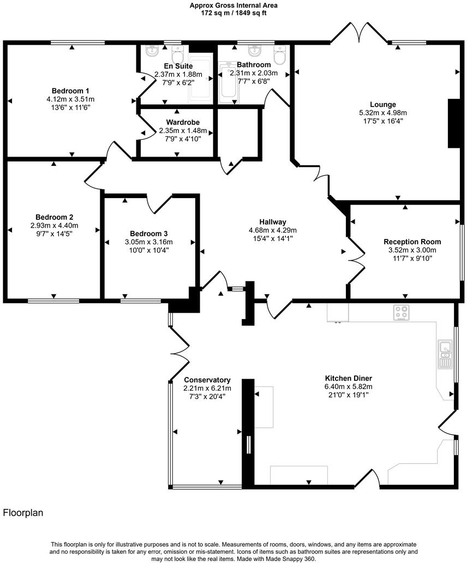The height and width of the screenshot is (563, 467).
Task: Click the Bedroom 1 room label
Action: (x=70, y=91)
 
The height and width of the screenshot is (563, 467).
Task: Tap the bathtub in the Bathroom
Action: (x=229, y=83)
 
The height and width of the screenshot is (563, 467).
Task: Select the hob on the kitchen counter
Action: (x=402, y=313)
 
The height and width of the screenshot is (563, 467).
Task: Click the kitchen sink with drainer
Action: (x=445, y=353)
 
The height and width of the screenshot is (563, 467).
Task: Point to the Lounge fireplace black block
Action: (x=453, y=123)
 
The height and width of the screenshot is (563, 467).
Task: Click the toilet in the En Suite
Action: (x=177, y=55)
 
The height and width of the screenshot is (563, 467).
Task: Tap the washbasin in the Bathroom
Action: (x=254, y=51)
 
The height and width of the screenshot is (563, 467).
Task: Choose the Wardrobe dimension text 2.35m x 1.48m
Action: (x=183, y=131)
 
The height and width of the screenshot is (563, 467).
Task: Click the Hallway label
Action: (x=273, y=222)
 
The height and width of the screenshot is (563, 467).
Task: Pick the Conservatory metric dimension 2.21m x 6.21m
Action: (x=207, y=388)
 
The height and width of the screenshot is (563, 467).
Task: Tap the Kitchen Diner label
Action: (x=349, y=378)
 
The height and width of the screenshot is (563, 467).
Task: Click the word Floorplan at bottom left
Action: (x=23, y=513)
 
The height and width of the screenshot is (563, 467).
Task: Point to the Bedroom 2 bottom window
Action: (x=52, y=300)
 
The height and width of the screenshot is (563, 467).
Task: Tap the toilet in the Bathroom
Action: (x=279, y=55)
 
